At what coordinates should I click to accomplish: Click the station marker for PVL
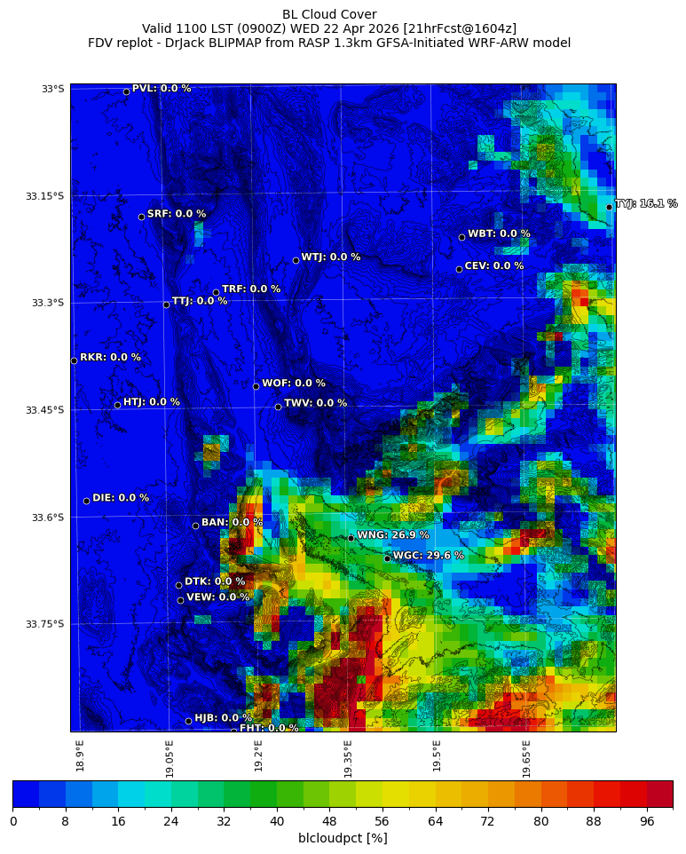click(126, 91)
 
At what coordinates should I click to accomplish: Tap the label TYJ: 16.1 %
click(646, 204)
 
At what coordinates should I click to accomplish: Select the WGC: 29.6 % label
click(428, 556)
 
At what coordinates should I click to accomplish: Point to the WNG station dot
click(351, 538)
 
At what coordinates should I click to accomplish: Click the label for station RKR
click(110, 358)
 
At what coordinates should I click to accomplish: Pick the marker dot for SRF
click(141, 217)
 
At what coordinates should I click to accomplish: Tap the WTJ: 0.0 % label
click(330, 257)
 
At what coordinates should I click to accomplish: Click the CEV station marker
click(459, 269)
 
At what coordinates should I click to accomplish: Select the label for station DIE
click(121, 498)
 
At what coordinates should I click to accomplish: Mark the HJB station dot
click(188, 721)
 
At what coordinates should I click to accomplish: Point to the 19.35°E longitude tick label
click(348, 758)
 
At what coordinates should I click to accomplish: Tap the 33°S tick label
click(52, 89)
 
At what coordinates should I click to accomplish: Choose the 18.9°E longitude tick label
click(80, 755)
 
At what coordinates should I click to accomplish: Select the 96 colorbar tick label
click(646, 821)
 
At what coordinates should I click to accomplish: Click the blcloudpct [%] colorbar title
click(343, 838)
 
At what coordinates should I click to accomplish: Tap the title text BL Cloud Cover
click(329, 14)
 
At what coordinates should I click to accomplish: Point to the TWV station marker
click(278, 407)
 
